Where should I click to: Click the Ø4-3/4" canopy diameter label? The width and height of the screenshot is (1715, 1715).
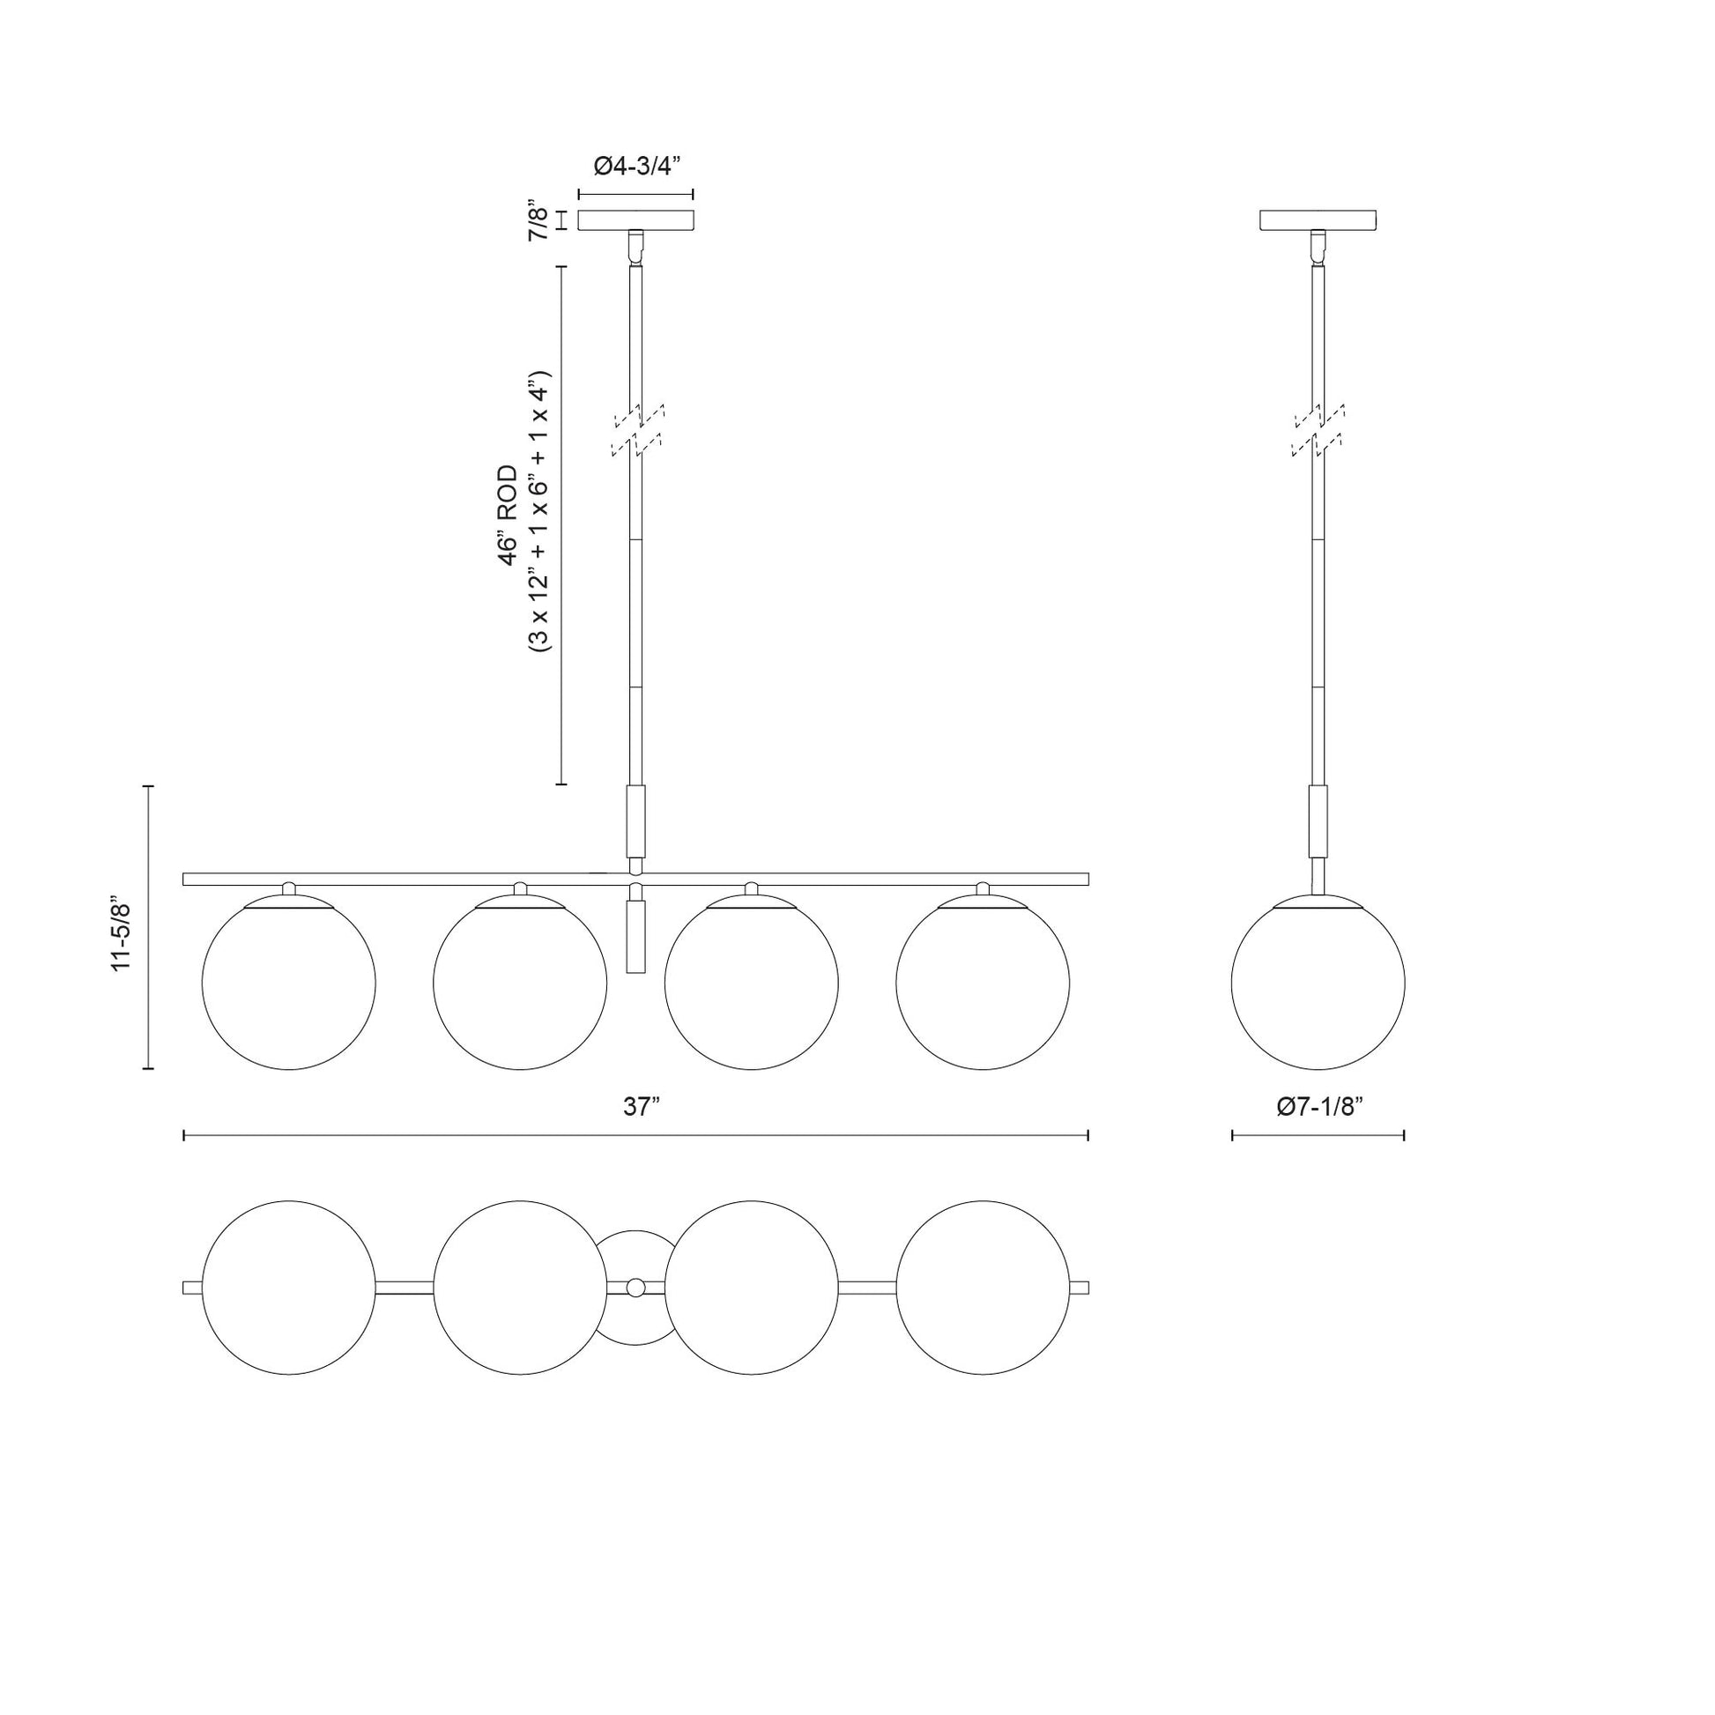(x=635, y=166)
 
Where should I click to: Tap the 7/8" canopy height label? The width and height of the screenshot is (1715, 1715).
(x=538, y=220)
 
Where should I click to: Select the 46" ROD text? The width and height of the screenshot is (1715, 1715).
(x=508, y=514)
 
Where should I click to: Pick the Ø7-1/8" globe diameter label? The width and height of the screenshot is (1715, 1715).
(x=1319, y=1107)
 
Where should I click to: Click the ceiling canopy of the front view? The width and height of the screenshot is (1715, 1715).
(x=635, y=220)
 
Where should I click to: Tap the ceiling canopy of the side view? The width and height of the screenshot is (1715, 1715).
(x=1318, y=220)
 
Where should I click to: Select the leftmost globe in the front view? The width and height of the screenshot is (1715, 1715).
(x=289, y=983)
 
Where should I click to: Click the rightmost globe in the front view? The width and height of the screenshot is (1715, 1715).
(x=983, y=983)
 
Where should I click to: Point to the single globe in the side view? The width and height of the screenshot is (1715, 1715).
(x=1318, y=983)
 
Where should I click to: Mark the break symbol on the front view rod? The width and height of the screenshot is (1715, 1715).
(x=637, y=430)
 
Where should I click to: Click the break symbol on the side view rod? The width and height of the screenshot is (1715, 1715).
(x=1318, y=430)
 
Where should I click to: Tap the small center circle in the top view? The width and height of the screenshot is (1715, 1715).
(x=635, y=1288)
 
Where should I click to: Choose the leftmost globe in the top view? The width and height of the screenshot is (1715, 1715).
(x=289, y=1288)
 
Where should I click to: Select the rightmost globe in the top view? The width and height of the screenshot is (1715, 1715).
(x=983, y=1288)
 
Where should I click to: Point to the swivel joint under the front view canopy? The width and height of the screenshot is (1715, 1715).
(x=635, y=246)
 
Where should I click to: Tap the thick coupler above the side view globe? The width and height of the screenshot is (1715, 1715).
(x=1318, y=821)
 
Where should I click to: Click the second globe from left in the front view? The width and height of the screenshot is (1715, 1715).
(x=520, y=983)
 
